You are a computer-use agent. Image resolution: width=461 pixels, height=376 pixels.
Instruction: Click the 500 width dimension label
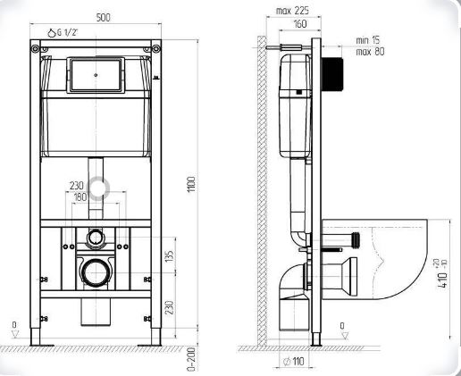(x=104, y=17)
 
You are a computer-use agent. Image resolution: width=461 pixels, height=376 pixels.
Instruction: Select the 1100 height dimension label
(x=191, y=184)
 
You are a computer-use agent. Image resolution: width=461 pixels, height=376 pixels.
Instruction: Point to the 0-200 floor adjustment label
(x=192, y=359)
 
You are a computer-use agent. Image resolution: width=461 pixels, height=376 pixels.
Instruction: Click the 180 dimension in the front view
(x=80, y=196)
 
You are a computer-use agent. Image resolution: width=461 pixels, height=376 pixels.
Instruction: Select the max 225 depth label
(x=292, y=11)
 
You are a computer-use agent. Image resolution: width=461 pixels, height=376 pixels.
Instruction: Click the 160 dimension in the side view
(x=300, y=23)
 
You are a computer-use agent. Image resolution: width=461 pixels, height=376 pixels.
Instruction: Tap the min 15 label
(x=368, y=40)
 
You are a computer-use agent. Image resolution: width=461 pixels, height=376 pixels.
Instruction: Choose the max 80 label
(x=370, y=52)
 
